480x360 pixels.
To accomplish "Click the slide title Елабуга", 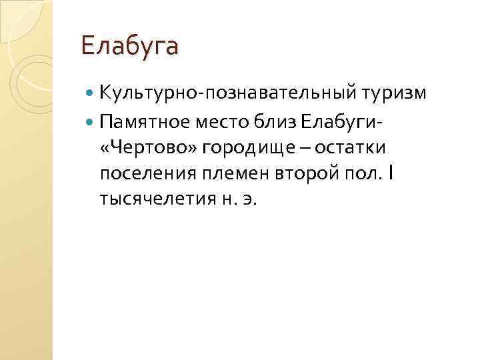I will tap(130, 47).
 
